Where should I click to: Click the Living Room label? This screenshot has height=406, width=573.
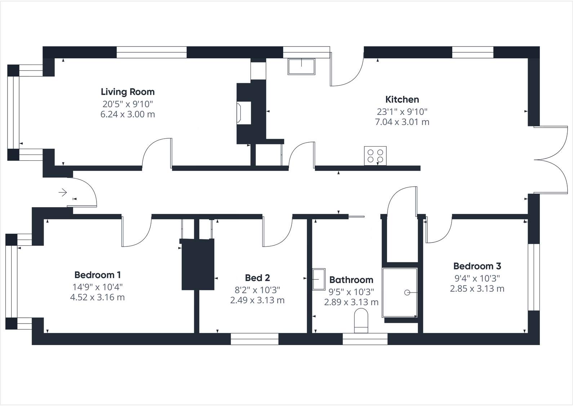click(128, 92)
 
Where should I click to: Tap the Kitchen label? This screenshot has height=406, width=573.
click(402, 99)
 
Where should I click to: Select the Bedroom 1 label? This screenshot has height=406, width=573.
click(97, 275)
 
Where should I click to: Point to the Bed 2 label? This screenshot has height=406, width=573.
click(257, 278)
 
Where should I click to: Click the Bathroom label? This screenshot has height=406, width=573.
click(351, 280)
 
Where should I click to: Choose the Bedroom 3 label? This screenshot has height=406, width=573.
click(477, 266)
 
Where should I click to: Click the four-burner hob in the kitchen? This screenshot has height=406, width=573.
click(375, 156)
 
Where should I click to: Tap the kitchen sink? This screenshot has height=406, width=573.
click(301, 67)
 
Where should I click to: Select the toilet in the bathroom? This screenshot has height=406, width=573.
click(361, 321)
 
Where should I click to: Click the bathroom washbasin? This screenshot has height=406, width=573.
click(319, 280)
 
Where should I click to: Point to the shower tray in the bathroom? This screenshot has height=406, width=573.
click(400, 293)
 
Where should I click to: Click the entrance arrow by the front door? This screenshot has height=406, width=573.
click(63, 192)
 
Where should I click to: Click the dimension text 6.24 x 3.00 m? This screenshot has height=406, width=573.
click(128, 114)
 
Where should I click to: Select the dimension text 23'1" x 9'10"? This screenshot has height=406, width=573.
click(402, 112)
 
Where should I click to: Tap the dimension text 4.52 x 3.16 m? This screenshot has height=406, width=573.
click(97, 297)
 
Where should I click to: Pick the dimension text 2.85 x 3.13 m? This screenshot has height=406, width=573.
click(477, 289)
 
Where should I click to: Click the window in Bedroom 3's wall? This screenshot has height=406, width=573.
click(534, 277)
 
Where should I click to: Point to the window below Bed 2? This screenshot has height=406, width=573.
click(254, 339)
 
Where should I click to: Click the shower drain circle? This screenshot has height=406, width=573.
click(407, 293)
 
